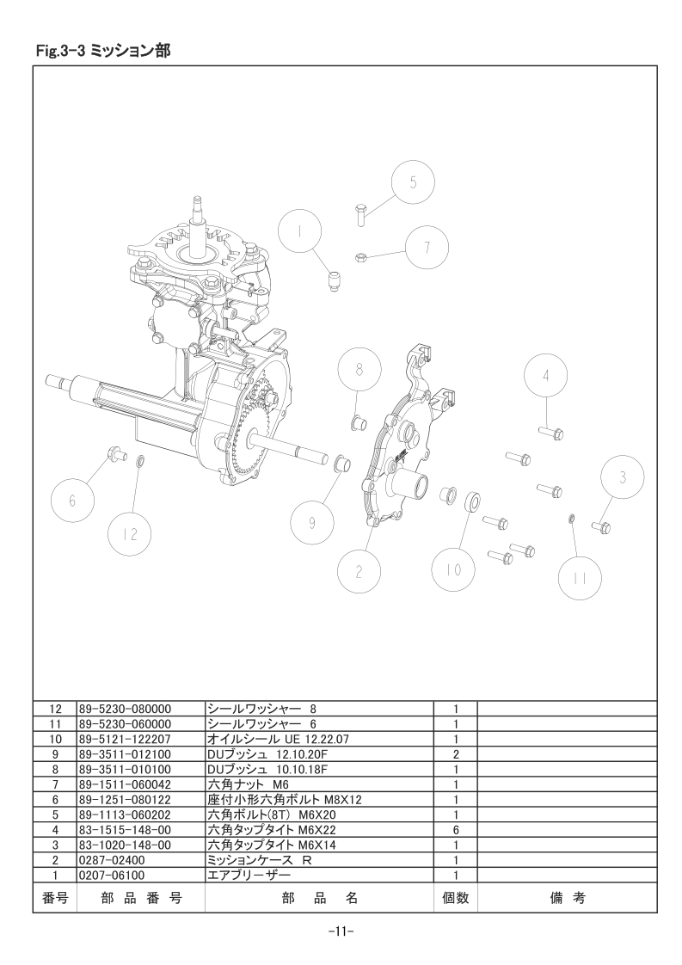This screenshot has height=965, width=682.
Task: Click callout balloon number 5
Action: (413, 182)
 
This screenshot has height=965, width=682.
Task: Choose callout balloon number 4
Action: (546, 375)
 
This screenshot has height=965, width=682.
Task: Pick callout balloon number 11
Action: (581, 578)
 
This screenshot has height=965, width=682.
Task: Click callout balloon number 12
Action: (130, 534)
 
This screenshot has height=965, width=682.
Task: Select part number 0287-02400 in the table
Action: (112, 859)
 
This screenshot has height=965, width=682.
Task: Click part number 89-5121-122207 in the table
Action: (125, 739)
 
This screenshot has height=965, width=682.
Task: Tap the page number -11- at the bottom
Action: (341, 932)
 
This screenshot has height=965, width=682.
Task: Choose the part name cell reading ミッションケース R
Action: (259, 859)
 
